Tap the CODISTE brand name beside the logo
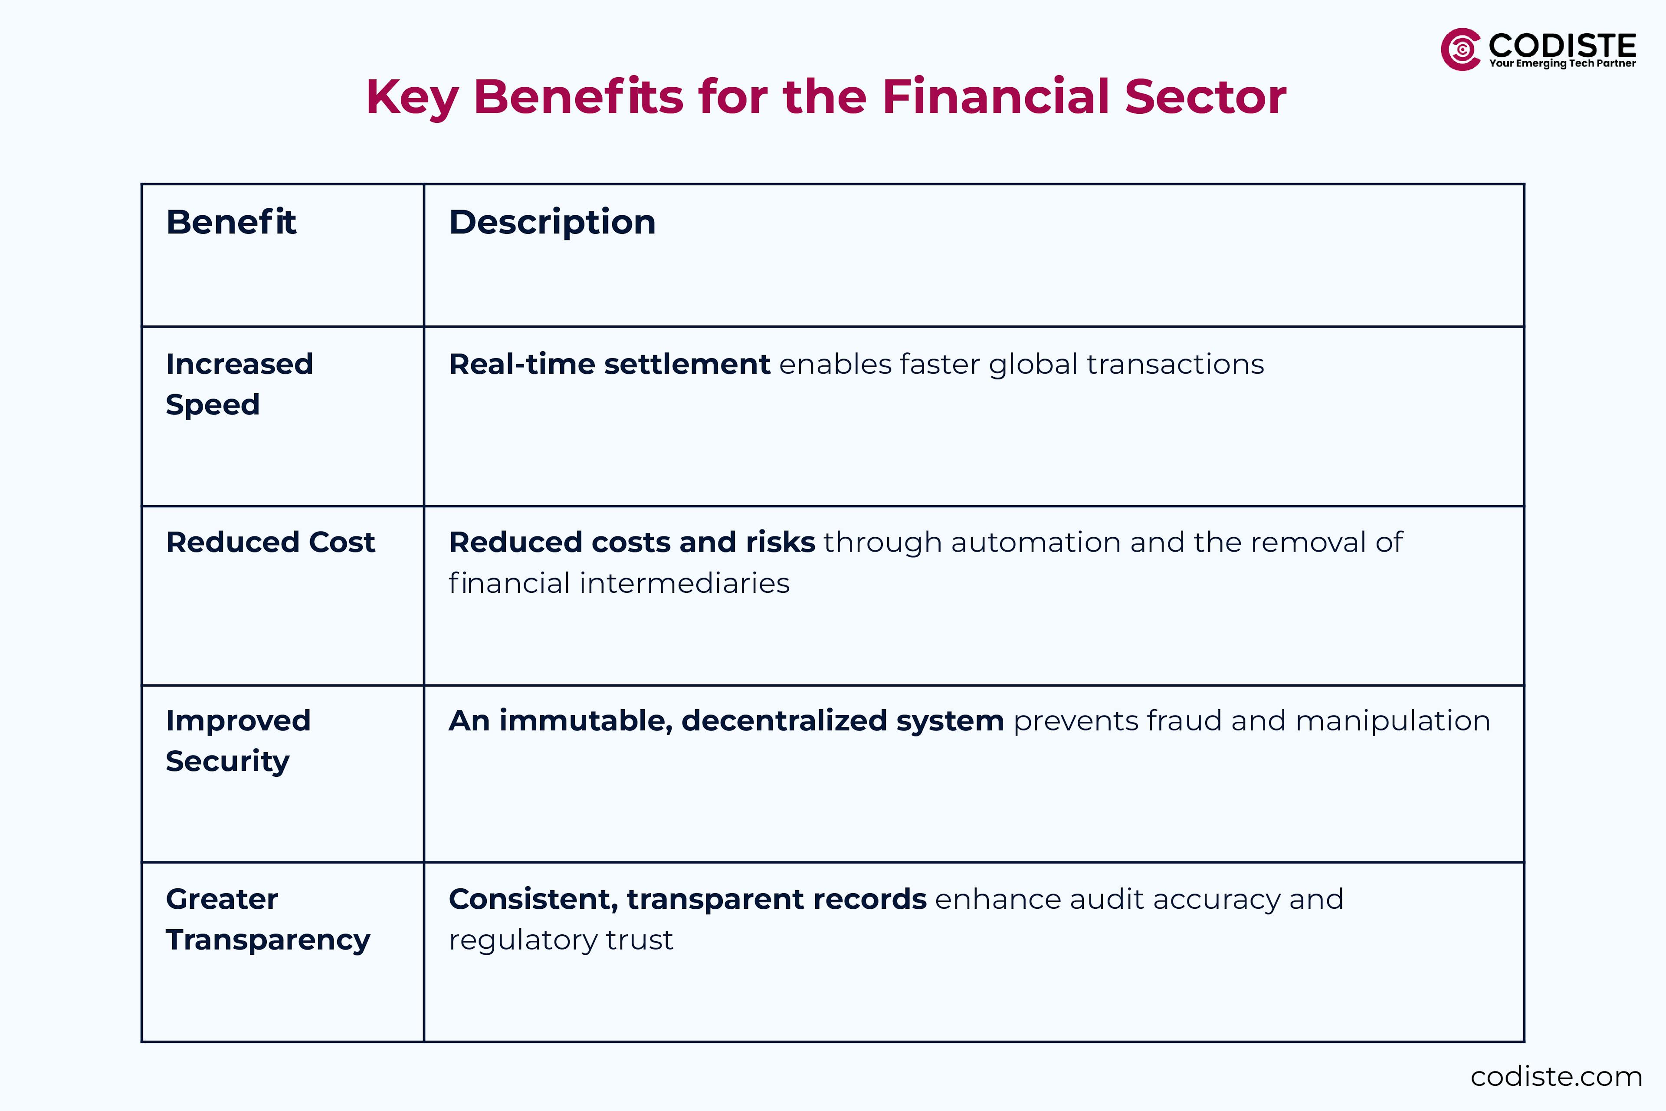pyautogui.click(x=1562, y=45)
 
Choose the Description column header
pyautogui.click(x=552, y=223)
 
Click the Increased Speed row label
pyautogui.click(x=239, y=384)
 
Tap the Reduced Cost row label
pyautogui.click(x=270, y=542)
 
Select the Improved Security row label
pyautogui.click(x=238, y=740)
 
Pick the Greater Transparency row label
pyautogui.click(x=267, y=919)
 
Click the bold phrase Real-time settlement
pyautogui.click(x=609, y=364)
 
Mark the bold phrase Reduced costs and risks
pyautogui.click(x=632, y=542)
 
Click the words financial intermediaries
pyautogui.click(x=618, y=583)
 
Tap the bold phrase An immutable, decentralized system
pyautogui.click(x=726, y=720)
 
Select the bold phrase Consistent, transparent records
pyautogui.click(x=687, y=899)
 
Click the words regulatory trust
pyautogui.click(x=560, y=940)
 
